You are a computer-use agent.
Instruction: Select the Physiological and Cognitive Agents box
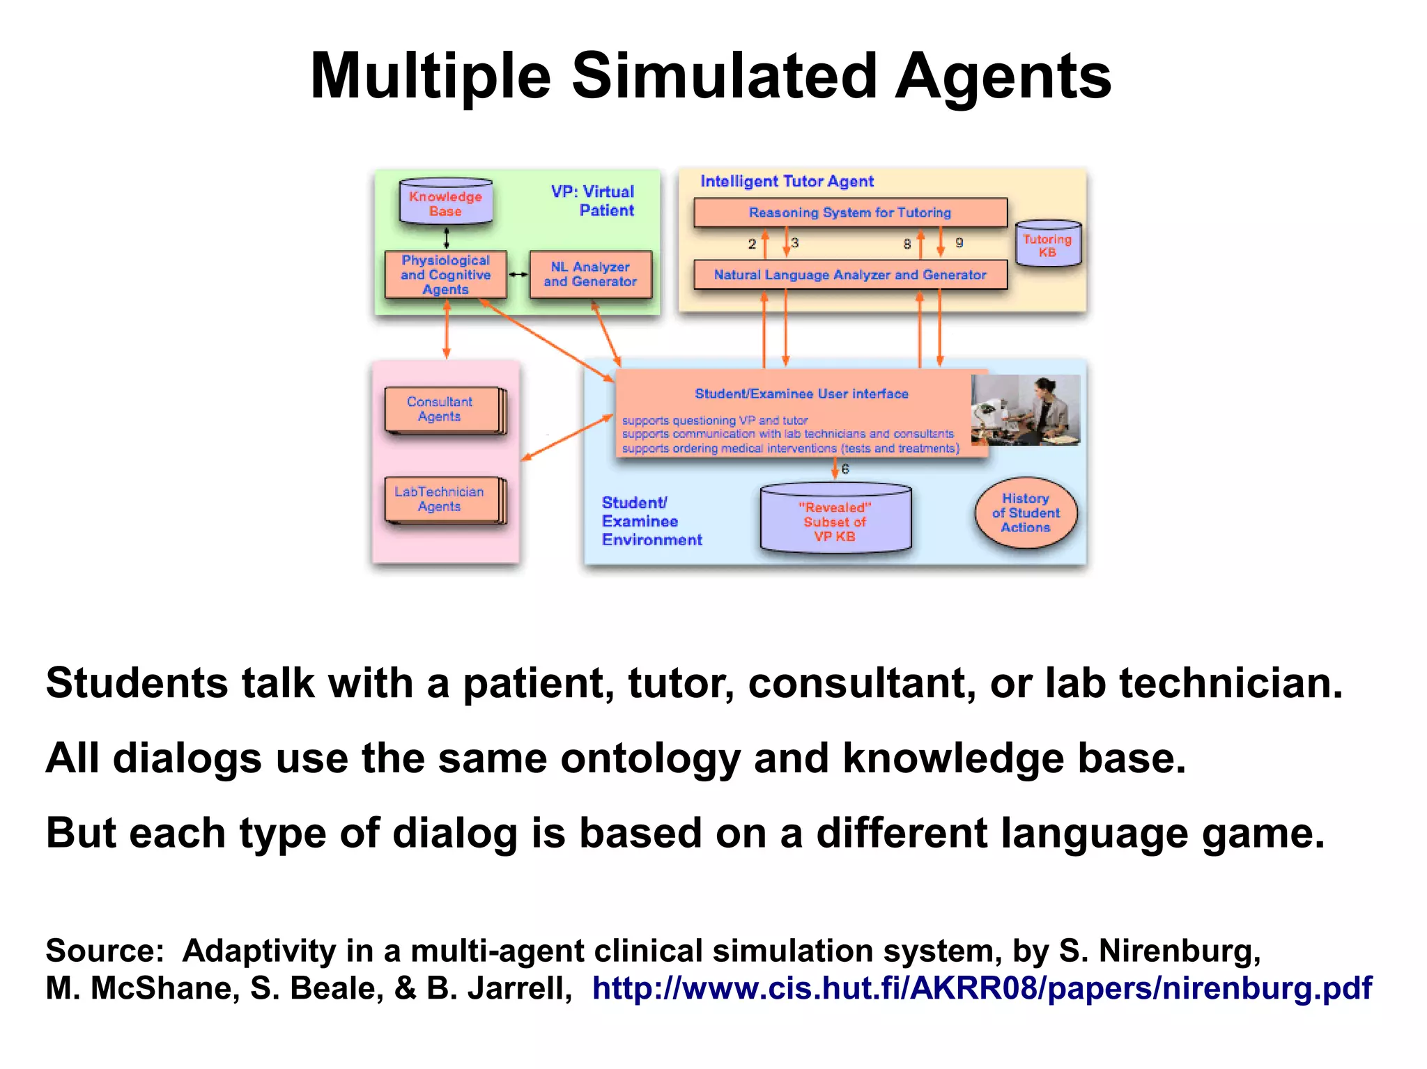pyautogui.click(x=446, y=274)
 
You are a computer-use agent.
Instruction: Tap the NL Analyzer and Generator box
pyautogui.click(x=590, y=274)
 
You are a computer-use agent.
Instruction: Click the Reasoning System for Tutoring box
pyautogui.click(x=850, y=212)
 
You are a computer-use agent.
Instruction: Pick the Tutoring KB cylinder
pyautogui.click(x=1048, y=244)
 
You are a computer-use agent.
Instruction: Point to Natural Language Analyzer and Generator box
pyautogui.click(x=850, y=275)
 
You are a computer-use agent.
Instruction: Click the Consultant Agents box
pyautogui.click(x=440, y=409)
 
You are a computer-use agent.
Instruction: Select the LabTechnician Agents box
pyautogui.click(x=440, y=499)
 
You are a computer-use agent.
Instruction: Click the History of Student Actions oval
pyautogui.click(x=1026, y=513)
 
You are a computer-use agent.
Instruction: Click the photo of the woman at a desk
pyautogui.click(x=1026, y=409)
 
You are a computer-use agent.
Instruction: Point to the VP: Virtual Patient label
pyautogui.click(x=594, y=201)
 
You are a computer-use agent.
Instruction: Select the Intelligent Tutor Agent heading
pyautogui.click(x=787, y=182)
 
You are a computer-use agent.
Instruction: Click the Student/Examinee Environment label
pyautogui.click(x=651, y=521)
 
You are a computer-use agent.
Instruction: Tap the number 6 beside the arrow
pyautogui.click(x=846, y=469)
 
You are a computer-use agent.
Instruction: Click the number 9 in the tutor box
pyautogui.click(x=959, y=243)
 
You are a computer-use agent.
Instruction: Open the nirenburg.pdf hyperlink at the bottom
pyautogui.click(x=982, y=988)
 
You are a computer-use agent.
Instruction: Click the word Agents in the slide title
pyautogui.click(x=1003, y=77)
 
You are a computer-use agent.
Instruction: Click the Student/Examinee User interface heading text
pyautogui.click(x=801, y=394)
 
